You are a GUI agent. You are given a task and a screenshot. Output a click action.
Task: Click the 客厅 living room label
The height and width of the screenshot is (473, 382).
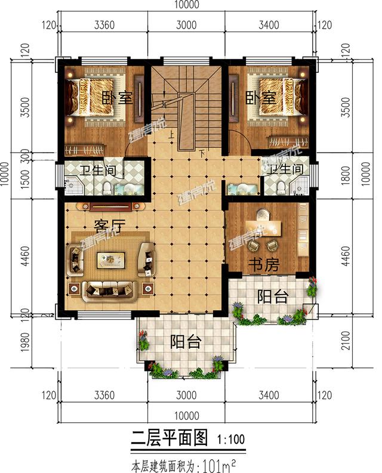(109, 225)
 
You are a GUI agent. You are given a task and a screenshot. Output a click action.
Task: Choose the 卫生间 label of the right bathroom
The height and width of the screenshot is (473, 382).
(285, 170)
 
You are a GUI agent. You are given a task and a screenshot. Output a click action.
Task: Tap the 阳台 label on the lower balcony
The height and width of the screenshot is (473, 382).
(185, 342)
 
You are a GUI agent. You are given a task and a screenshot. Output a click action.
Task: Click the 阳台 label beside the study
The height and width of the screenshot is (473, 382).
(272, 296)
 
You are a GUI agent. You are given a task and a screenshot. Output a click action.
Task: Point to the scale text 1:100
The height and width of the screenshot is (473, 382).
(228, 441)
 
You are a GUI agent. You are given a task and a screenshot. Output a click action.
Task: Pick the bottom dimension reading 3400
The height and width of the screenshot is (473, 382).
(269, 394)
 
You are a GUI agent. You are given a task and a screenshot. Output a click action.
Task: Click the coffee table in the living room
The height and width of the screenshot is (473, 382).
(112, 258)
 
